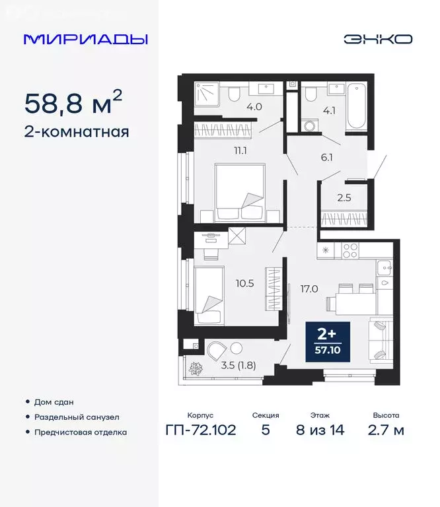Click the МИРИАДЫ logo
(x=85, y=39)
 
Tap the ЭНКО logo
(x=378, y=39)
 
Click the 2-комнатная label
(x=76, y=131)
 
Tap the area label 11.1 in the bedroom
(x=240, y=151)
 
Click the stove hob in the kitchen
(x=350, y=251)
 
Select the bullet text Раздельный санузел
(x=77, y=417)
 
